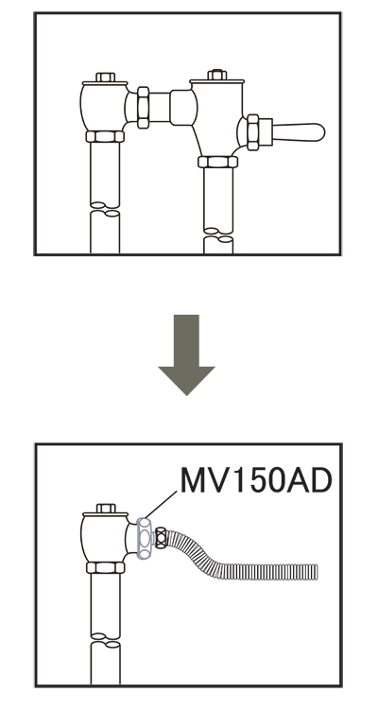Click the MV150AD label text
coord(256,480)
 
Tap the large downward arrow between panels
coord(186,355)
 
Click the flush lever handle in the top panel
coord(299,131)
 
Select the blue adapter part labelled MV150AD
coord(145,538)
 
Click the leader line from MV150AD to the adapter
coord(161,505)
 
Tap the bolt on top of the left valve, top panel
coord(106,77)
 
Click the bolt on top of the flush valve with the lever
coord(216,75)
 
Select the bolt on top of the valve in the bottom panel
coord(106,508)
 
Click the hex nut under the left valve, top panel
coord(105,136)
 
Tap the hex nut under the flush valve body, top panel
coord(217,162)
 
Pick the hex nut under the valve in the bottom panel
coord(106,567)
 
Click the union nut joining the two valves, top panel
coord(143,108)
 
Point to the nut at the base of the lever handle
coord(253,131)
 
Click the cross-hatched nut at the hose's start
coord(162,538)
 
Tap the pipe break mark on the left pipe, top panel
coord(105,209)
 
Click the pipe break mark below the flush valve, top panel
coord(218,234)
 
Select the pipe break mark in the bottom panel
coord(106,640)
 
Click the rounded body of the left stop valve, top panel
coord(103,108)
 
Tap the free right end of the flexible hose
coord(318,572)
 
